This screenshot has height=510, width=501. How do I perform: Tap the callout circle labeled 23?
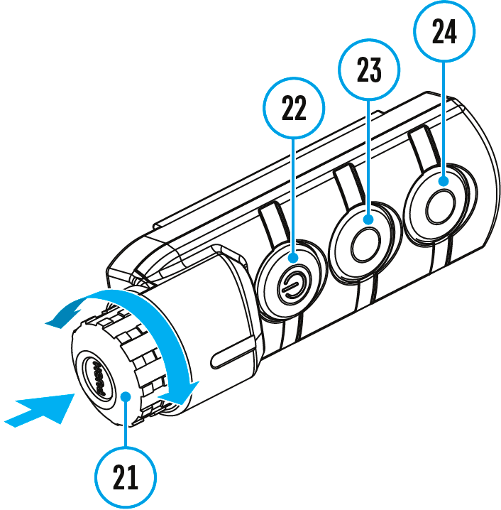(370, 70)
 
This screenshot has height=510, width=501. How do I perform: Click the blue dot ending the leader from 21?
(125, 396)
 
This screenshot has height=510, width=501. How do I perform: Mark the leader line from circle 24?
(444, 121)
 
